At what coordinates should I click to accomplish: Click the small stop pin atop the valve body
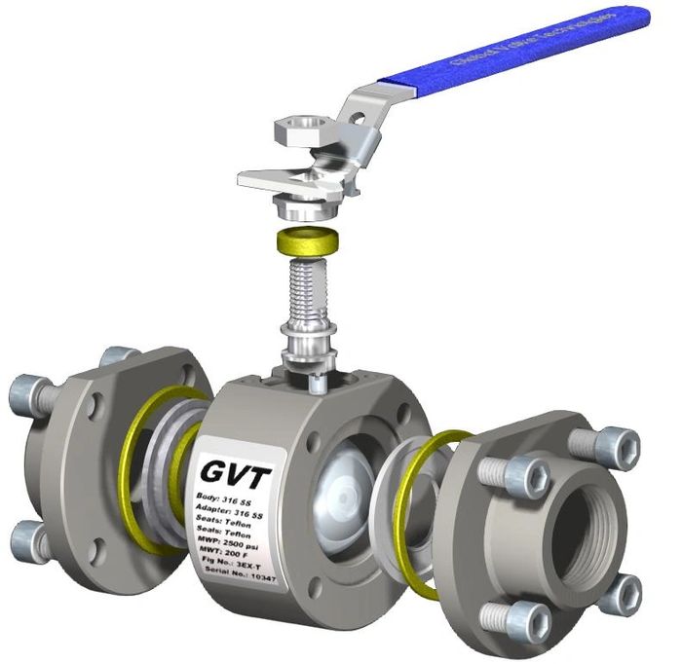tap(315, 385)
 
